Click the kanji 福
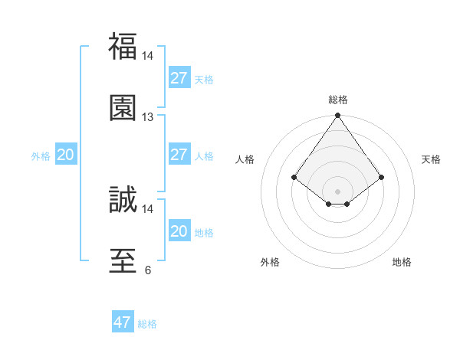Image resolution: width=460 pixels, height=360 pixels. pyautogui.click(x=123, y=46)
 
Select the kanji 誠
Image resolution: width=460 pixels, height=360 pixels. pyautogui.click(x=123, y=199)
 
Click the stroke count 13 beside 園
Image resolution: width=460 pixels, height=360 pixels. pyautogui.click(x=148, y=117)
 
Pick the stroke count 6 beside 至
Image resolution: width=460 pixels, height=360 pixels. pyautogui.click(x=148, y=270)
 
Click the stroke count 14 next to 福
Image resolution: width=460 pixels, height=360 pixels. pyautogui.click(x=148, y=56)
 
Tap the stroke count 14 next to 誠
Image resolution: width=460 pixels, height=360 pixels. pyautogui.click(x=148, y=208)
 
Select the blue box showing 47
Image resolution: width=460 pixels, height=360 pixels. pyautogui.click(x=123, y=322)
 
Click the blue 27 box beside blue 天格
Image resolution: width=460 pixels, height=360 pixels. pyautogui.click(x=179, y=78)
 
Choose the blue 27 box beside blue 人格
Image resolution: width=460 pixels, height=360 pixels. pyautogui.click(x=179, y=155)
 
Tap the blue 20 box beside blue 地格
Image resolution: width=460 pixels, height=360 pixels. pyautogui.click(x=179, y=231)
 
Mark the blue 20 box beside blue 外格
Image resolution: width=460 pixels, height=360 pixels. pyautogui.click(x=66, y=155)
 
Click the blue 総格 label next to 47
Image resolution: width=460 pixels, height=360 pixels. pyautogui.click(x=147, y=324)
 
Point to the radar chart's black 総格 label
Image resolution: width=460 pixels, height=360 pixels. pyautogui.click(x=338, y=100)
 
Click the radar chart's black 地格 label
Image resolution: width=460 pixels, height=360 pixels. pyautogui.click(x=402, y=262)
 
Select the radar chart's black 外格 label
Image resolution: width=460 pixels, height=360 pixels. pyautogui.click(x=270, y=262)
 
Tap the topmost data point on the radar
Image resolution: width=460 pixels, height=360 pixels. pyautogui.click(x=338, y=116)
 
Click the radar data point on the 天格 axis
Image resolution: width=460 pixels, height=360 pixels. pyautogui.click(x=382, y=178)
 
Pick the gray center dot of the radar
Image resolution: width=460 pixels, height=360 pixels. pyautogui.click(x=338, y=191)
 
